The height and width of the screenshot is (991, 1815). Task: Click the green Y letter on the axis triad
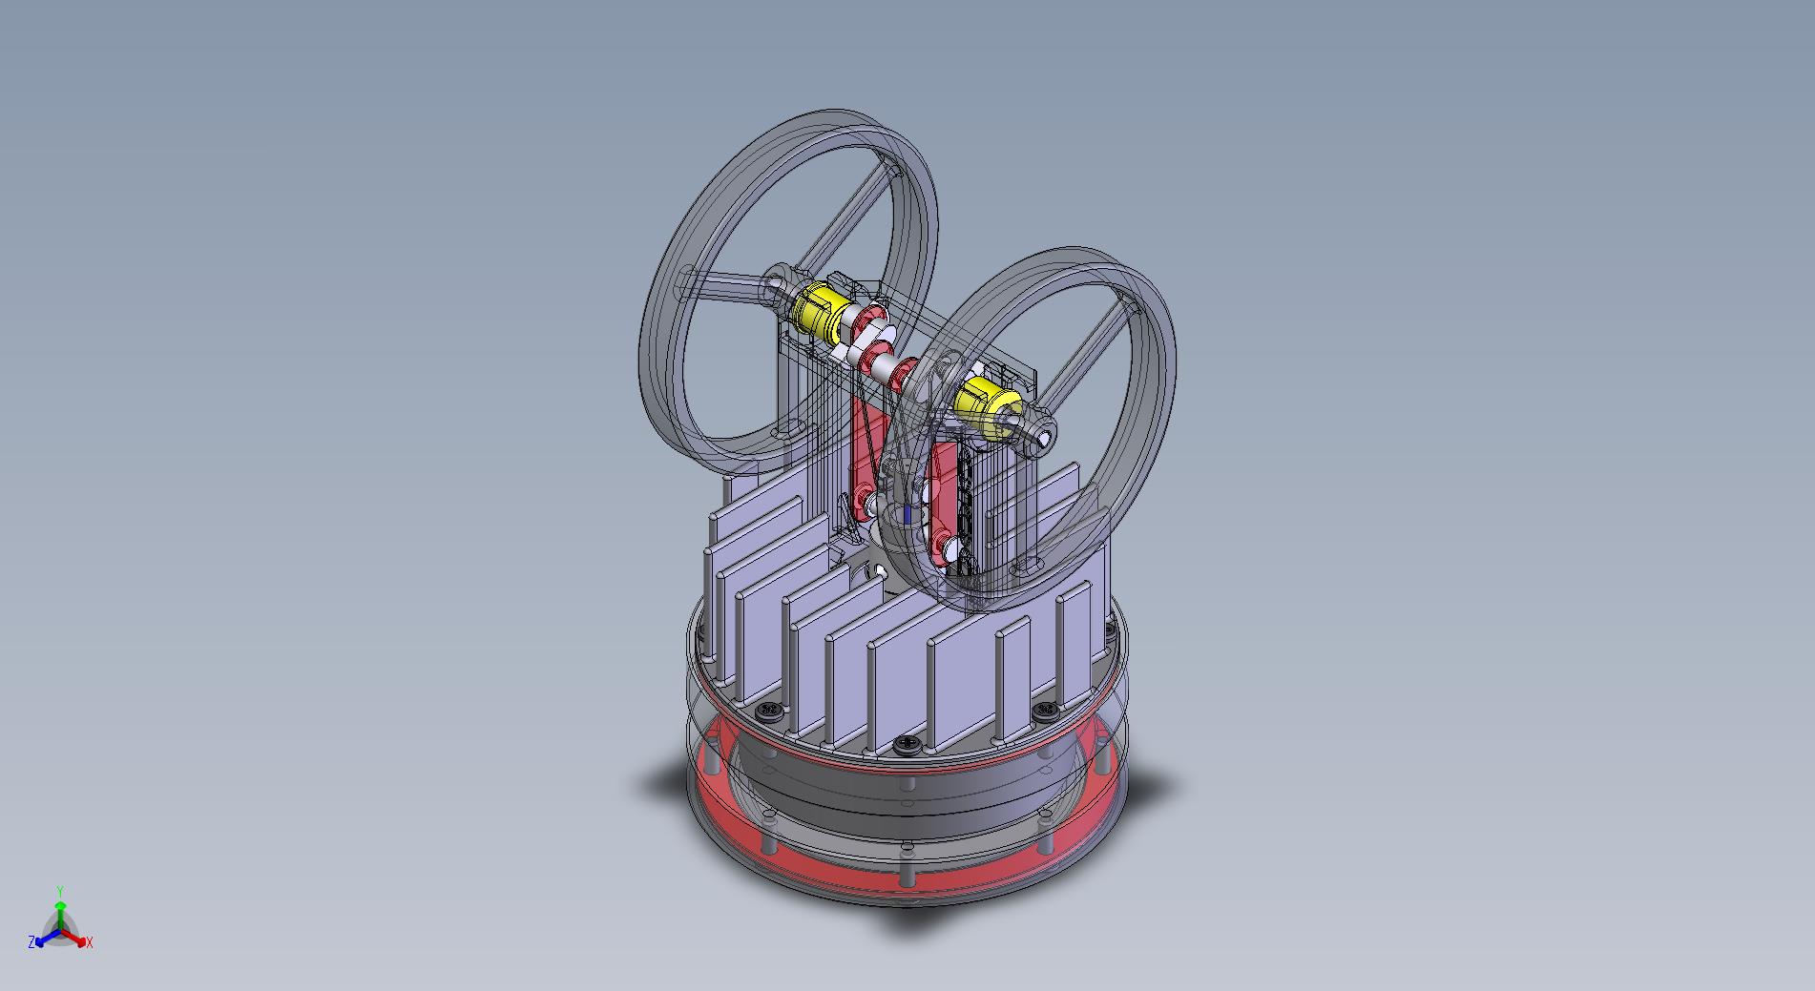[60, 891]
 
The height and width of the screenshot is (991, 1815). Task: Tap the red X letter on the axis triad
[90, 942]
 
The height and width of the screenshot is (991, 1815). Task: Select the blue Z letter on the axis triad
[31, 941]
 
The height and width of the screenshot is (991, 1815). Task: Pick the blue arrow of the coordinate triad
[44, 936]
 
